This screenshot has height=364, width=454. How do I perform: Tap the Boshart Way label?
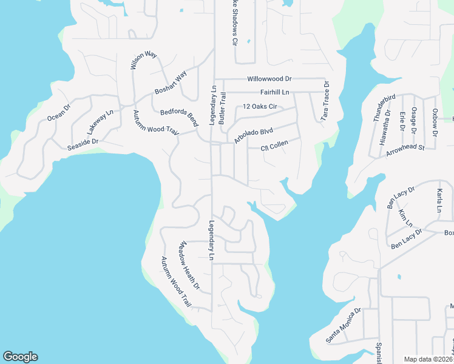[170, 83]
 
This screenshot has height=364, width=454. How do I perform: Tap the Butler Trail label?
[223, 109]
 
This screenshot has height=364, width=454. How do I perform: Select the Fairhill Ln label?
[274, 92]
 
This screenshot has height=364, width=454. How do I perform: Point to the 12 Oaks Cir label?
[260, 107]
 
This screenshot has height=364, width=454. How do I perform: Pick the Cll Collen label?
[274, 147]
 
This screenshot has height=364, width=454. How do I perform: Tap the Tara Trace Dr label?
[326, 101]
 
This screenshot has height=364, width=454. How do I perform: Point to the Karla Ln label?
[439, 201]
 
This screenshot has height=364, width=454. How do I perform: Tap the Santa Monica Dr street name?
[344, 325]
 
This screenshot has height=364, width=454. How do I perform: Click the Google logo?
[19, 357]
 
